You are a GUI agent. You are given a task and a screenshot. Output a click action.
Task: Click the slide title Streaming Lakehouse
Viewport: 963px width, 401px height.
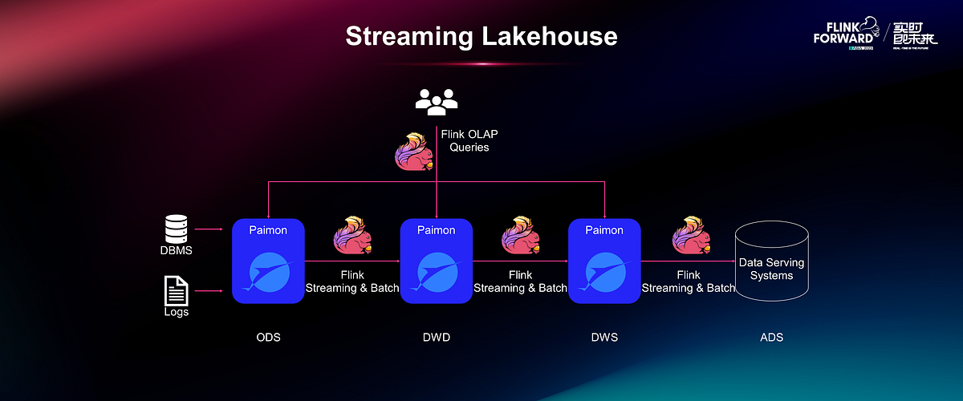(x=481, y=36)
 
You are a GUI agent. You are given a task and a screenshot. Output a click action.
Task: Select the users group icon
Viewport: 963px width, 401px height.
(x=437, y=99)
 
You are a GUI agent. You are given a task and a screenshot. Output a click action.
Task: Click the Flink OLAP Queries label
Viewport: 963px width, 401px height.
(x=469, y=140)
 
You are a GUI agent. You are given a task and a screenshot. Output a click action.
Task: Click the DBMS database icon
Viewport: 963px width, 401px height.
(x=176, y=229)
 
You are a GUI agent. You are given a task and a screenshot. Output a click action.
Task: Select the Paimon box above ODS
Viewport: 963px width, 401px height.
(x=268, y=261)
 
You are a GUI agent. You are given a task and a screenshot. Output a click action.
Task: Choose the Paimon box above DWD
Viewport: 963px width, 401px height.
(x=436, y=261)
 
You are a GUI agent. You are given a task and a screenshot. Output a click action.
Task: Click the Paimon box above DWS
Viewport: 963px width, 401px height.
(x=603, y=261)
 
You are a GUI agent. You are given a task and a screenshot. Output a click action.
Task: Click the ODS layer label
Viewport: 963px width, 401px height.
(x=268, y=337)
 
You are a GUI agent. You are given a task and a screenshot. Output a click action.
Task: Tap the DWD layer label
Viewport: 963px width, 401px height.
(x=436, y=337)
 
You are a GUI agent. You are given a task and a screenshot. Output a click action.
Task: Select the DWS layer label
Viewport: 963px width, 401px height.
(x=603, y=337)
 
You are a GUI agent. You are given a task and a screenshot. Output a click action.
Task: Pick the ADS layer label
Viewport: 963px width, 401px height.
(x=771, y=337)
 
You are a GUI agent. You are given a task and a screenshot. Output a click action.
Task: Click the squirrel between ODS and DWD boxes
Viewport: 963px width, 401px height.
(x=352, y=236)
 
